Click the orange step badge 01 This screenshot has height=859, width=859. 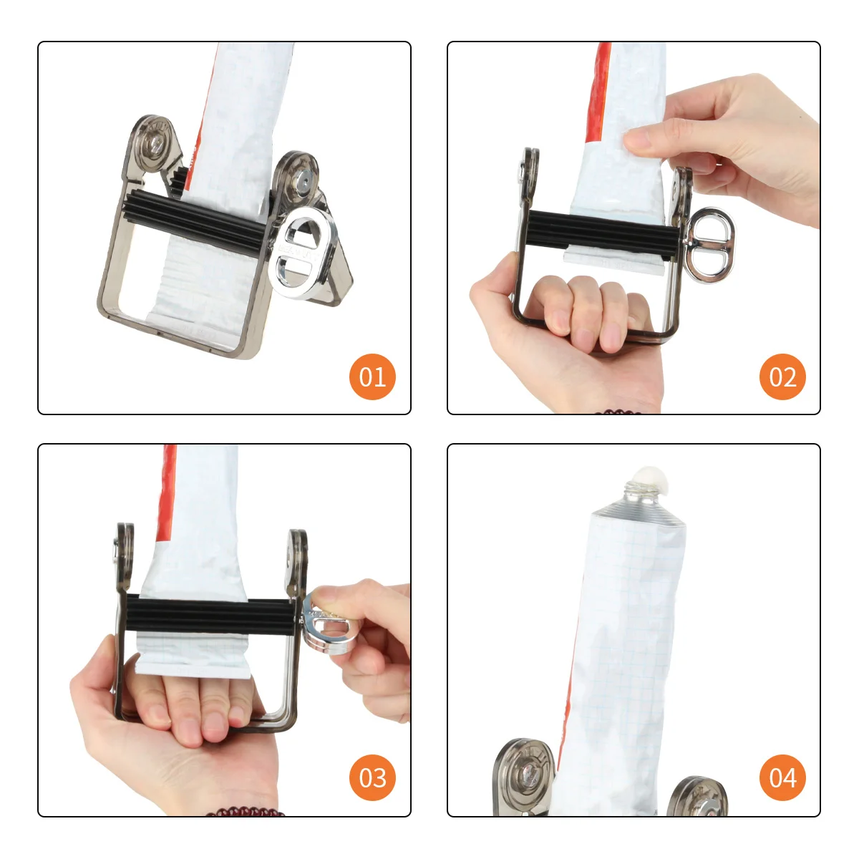372,377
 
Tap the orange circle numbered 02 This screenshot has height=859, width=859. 782,377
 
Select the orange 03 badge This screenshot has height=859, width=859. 372,778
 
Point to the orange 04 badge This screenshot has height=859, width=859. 782,778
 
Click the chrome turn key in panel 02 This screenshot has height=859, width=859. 709,245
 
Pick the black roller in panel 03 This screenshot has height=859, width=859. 211,616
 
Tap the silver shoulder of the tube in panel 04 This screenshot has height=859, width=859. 637,512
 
